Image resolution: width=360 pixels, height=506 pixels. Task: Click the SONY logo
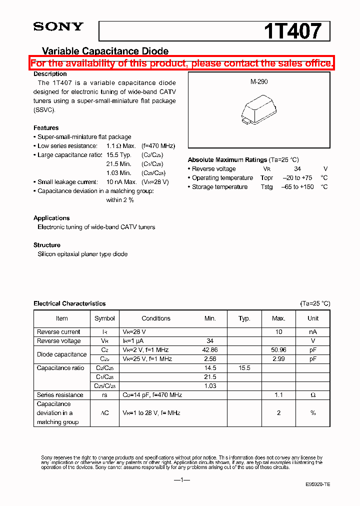tap(58, 27)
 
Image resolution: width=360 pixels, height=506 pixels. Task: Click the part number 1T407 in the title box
tap(292, 31)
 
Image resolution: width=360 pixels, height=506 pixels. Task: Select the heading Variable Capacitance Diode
tap(105, 51)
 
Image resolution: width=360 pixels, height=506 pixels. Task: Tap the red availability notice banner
tap(181, 63)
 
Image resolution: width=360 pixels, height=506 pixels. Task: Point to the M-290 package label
tap(259, 81)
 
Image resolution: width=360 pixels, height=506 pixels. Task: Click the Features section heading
tap(46, 128)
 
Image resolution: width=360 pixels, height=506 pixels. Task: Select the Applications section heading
tap(51, 218)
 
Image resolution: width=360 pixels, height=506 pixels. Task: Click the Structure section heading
tap(47, 245)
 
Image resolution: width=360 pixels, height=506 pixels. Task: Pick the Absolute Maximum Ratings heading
tap(227, 160)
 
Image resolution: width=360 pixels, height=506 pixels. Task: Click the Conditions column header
tap(156, 318)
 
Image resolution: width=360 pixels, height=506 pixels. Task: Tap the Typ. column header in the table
tap(244, 318)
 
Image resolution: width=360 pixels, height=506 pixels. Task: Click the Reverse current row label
tap(58, 332)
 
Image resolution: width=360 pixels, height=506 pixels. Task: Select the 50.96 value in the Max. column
tap(278, 350)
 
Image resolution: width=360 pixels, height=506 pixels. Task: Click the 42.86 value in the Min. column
tap(210, 350)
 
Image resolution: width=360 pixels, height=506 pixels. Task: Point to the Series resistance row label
tap(60, 395)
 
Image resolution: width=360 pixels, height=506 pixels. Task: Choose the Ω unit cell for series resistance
tap(312, 395)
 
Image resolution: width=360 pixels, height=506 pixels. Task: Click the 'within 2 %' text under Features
tap(120, 200)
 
